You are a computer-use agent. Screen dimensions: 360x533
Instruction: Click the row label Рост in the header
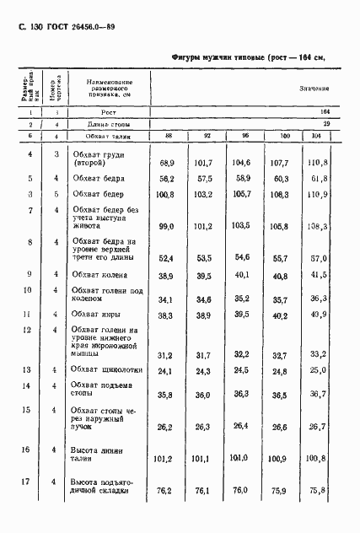[x=99, y=111]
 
